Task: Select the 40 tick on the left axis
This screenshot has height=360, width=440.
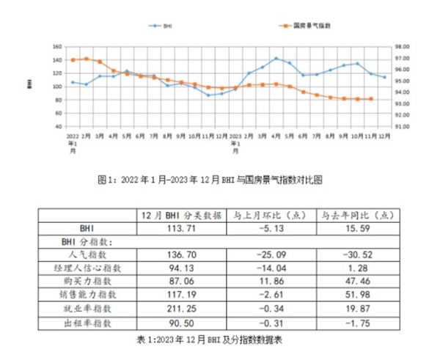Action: [x=57, y=126]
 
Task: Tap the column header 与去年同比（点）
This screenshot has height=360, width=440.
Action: [x=357, y=216]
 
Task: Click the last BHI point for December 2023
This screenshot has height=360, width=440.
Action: [x=384, y=77]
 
